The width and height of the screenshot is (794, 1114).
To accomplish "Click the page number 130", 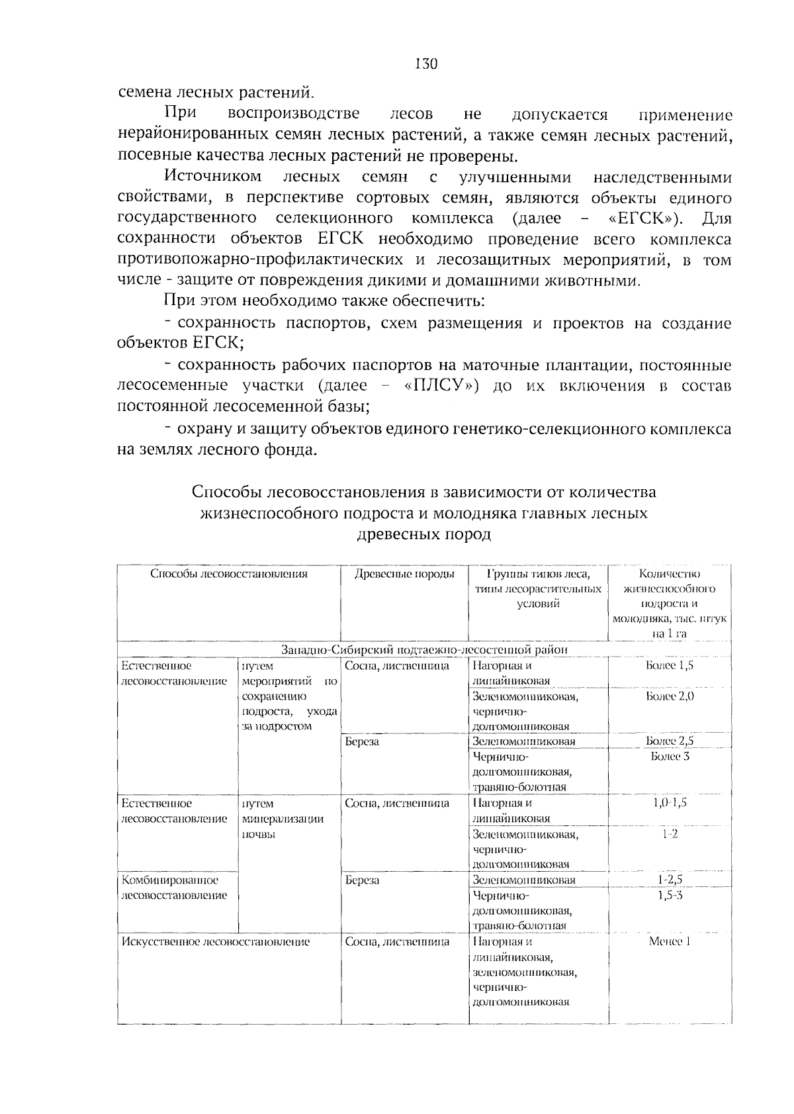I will [425, 64].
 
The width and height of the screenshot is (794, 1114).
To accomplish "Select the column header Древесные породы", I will [404, 574].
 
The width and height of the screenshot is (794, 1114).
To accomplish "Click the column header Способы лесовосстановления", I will [228, 574].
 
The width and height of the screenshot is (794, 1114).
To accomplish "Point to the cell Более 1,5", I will [669, 665].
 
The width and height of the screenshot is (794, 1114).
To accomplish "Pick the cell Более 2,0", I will [669, 696].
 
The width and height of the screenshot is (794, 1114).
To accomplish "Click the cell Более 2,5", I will [669, 741].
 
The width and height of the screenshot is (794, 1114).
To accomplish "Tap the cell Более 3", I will [669, 757].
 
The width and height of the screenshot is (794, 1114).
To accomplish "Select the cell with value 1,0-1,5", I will [669, 803].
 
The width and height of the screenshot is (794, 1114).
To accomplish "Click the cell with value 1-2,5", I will [669, 880].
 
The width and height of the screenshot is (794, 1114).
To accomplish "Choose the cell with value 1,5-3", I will [669, 896].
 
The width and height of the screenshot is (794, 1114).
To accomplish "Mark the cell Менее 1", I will [669, 942].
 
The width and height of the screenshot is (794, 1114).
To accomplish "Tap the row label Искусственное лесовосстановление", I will [216, 942].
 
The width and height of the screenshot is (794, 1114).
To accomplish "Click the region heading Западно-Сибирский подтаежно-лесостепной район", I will [424, 649].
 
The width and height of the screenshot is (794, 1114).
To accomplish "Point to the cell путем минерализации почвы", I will [283, 819].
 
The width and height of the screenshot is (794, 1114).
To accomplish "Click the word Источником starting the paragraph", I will [213, 177].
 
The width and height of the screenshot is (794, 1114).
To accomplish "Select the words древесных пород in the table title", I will [423, 534].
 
